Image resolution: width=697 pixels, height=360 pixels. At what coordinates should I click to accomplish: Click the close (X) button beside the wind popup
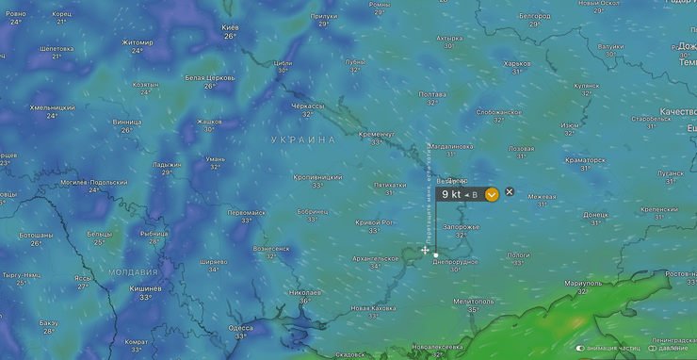click(x=510, y=192)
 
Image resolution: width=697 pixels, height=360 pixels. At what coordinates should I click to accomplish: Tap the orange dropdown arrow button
click(x=492, y=195)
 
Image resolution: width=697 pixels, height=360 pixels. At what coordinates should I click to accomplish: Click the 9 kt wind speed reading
click(x=451, y=194)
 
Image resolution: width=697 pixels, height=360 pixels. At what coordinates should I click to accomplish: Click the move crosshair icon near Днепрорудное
click(x=426, y=251)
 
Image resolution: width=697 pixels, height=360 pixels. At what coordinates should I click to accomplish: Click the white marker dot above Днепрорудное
click(x=436, y=254)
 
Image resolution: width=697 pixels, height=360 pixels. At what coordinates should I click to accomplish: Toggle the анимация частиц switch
click(x=581, y=348)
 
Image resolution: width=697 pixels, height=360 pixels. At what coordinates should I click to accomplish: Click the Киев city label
click(x=230, y=27)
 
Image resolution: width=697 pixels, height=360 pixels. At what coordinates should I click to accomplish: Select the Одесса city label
click(x=240, y=327)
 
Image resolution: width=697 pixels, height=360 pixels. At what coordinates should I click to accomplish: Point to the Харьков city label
click(x=517, y=64)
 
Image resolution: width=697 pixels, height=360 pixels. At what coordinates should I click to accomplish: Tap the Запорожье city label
click(x=461, y=226)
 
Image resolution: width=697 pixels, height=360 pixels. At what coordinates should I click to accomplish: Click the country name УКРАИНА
click(x=303, y=139)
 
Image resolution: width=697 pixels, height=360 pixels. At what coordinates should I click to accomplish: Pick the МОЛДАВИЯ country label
click(x=133, y=271)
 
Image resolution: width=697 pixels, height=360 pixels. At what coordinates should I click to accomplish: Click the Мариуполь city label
click(x=583, y=283)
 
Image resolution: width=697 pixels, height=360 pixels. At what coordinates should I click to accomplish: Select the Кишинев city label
click(x=145, y=288)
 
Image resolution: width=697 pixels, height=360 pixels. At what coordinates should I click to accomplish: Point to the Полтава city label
click(x=432, y=94)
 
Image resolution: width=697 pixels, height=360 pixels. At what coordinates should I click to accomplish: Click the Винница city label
click(x=127, y=122)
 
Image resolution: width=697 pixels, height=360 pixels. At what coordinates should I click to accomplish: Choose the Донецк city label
click(x=595, y=215)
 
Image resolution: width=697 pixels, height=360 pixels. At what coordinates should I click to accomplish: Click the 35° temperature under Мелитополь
click(x=474, y=309)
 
